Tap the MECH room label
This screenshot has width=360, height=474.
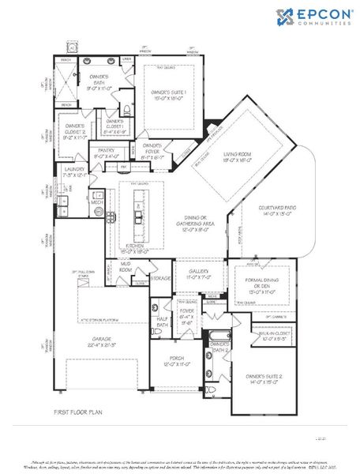[x=96, y=202]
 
